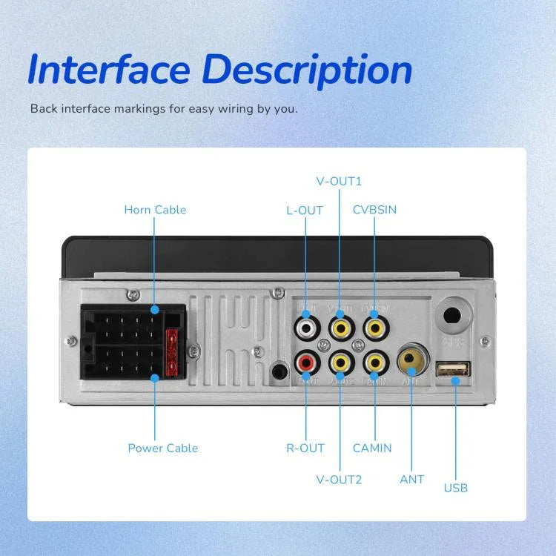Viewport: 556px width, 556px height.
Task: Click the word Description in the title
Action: (x=307, y=70)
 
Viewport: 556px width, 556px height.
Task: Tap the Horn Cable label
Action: (x=155, y=210)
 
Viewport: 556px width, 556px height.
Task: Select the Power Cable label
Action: (x=163, y=448)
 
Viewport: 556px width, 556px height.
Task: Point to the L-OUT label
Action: (x=305, y=211)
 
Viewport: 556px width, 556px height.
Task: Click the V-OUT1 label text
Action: (x=339, y=181)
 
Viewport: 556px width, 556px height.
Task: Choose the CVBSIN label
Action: (x=374, y=210)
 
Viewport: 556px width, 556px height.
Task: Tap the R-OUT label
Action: (x=305, y=448)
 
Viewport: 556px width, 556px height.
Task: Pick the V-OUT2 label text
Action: (x=339, y=479)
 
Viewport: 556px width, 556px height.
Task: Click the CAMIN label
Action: (x=372, y=448)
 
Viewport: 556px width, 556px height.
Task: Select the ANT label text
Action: (x=412, y=479)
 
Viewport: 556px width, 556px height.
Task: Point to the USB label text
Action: (x=456, y=488)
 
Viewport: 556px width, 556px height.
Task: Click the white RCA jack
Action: (x=305, y=325)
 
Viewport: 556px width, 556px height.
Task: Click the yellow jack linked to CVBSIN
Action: (x=375, y=325)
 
